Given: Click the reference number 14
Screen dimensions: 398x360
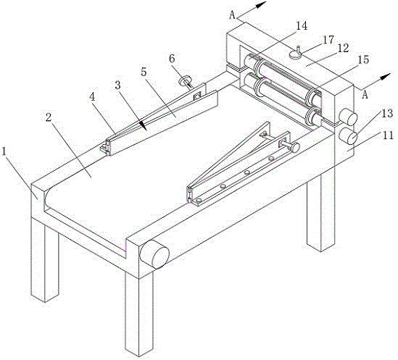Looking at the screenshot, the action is (302, 26).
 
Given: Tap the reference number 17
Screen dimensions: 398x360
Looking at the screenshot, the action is (328, 40).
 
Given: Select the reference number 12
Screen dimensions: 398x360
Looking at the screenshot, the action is (344, 48).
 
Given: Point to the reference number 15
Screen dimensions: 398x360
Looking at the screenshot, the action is (363, 59).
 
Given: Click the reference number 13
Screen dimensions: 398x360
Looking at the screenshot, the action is (387, 114).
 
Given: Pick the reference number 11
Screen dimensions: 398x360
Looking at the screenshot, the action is (388, 135).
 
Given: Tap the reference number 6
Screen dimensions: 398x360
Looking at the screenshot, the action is (172, 59).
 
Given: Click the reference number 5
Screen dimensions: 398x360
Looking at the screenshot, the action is (144, 72).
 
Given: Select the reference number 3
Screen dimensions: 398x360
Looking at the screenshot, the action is (117, 85).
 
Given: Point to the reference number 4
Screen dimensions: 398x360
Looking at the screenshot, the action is (92, 97).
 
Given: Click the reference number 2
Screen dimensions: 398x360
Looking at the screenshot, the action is (49, 117).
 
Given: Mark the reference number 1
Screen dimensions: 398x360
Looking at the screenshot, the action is (4, 151).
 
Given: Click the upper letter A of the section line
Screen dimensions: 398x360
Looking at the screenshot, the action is (232, 15).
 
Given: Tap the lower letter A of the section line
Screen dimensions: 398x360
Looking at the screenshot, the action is (365, 95).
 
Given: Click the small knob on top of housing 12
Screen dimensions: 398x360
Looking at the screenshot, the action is (296, 54).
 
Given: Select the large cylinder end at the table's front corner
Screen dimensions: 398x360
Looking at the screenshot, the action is (155, 254).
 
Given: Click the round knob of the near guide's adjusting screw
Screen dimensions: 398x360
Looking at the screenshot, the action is (294, 147).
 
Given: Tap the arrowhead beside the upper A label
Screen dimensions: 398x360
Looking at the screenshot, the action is (260, 5).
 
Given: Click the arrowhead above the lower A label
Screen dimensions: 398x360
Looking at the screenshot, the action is (385, 76).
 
